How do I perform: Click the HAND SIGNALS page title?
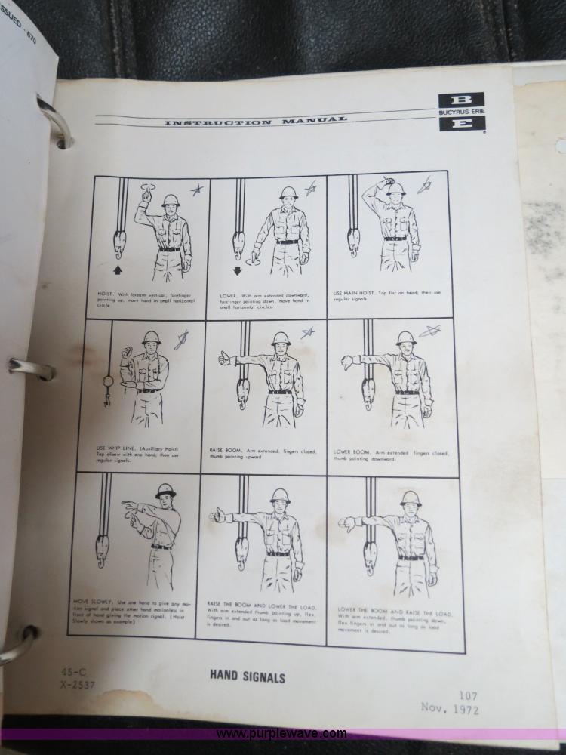tap(248, 677)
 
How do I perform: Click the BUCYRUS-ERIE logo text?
tap(461, 112)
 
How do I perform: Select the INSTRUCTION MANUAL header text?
tap(256, 122)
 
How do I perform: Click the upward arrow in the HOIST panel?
tap(118, 269)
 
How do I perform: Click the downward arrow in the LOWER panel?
tap(237, 270)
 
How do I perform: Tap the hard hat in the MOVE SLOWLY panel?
tap(165, 491)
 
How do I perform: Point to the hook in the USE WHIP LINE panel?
tap(107, 393)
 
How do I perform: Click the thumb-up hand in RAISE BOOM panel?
tap(225, 358)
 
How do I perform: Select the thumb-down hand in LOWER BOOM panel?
tap(347, 362)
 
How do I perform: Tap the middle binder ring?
tap(30, 369)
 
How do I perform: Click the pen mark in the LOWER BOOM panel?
tap(429, 331)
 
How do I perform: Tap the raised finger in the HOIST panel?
tap(146, 194)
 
